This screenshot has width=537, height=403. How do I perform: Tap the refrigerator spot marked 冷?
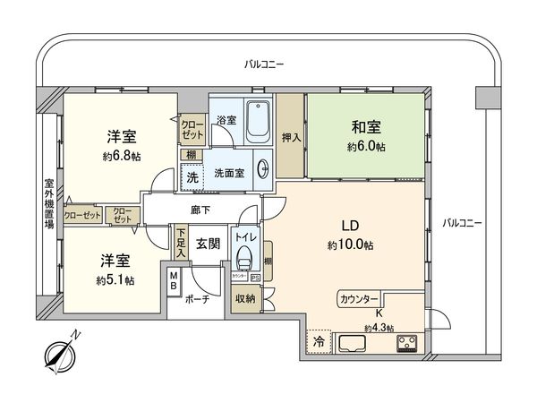318,341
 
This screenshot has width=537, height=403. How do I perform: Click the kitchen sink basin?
352,343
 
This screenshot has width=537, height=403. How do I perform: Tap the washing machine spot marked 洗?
192,176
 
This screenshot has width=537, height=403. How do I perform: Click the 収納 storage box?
245,300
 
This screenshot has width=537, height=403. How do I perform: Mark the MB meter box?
174,287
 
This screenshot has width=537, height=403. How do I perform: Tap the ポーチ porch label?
198,300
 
